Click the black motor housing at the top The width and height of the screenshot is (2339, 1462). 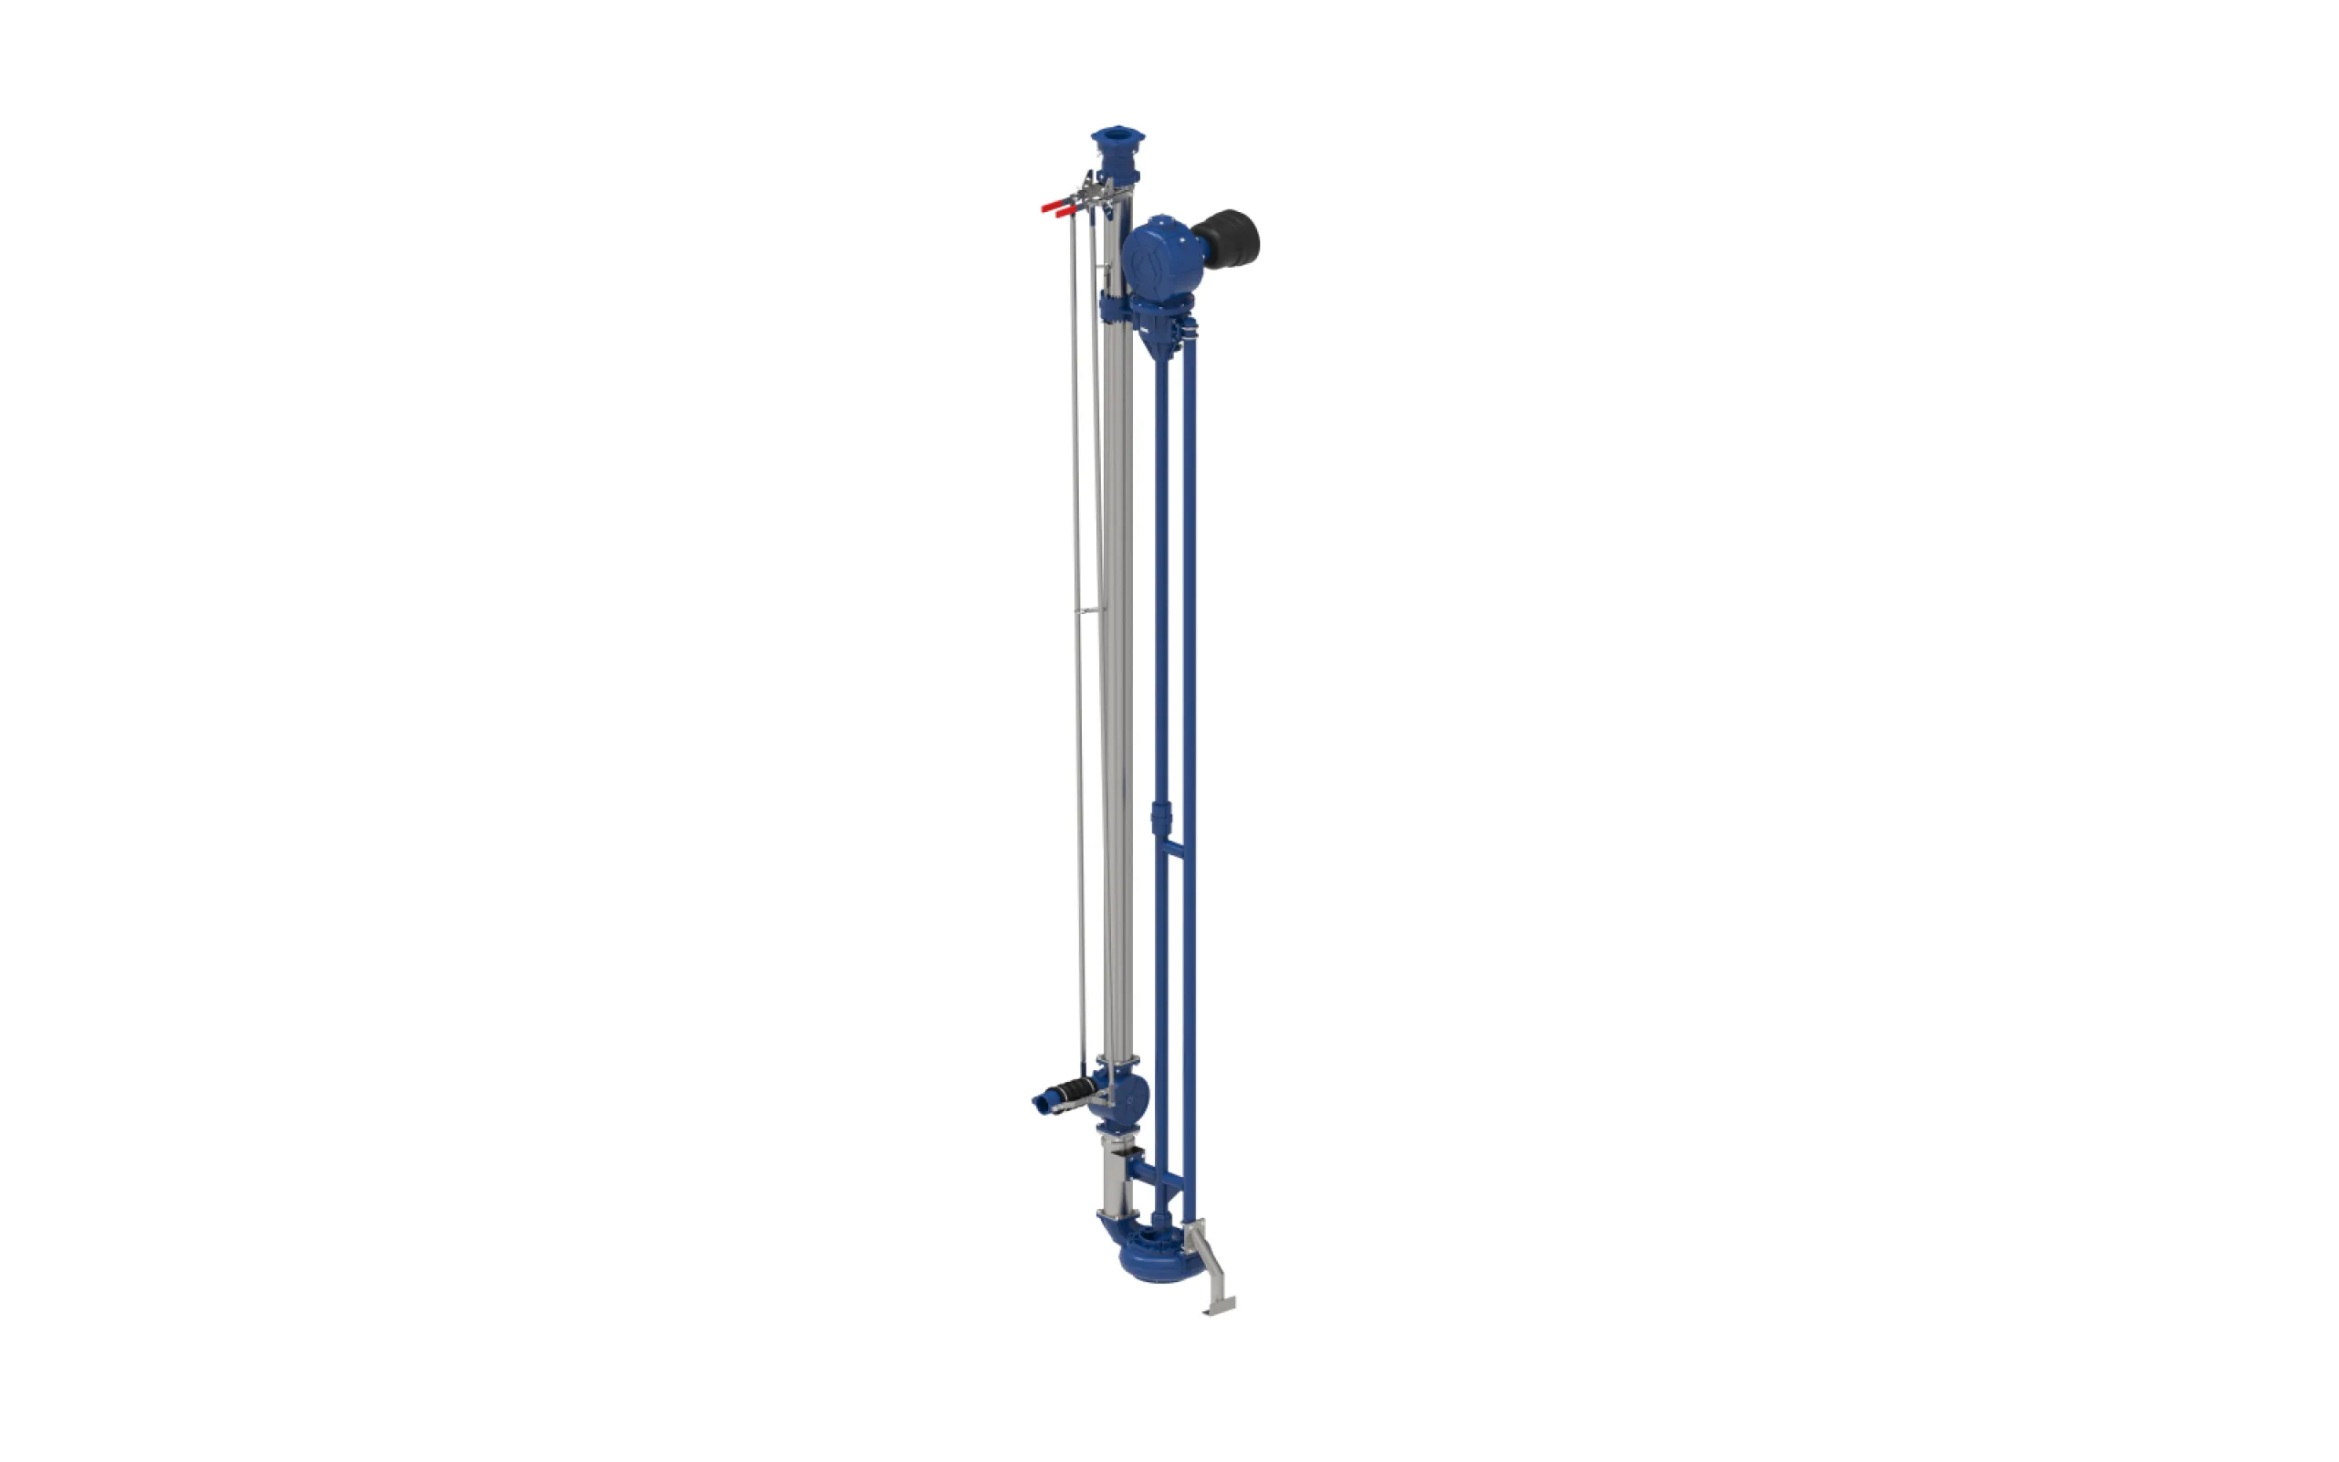point(1230,238)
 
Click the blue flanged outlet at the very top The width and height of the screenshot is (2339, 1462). point(1117,141)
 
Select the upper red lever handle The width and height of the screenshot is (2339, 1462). point(1052,204)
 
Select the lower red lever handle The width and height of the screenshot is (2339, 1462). point(1065,212)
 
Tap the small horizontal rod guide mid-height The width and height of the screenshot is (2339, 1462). point(1090,610)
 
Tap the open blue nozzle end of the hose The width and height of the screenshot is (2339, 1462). point(1042,1100)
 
